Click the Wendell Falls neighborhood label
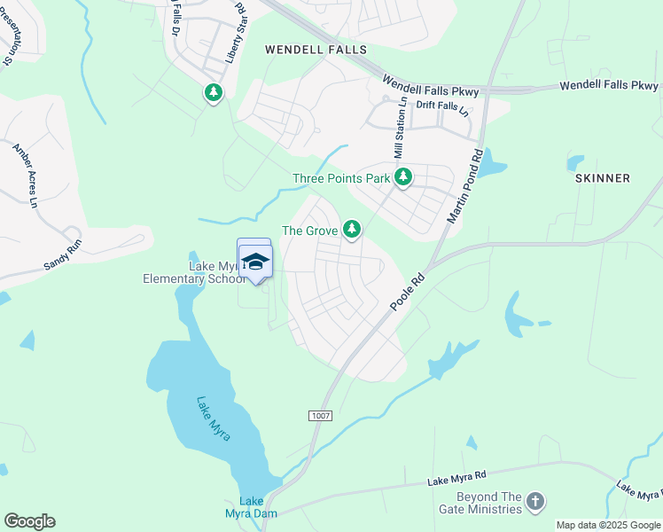click(x=316, y=51)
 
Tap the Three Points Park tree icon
click(x=403, y=177)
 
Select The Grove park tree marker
click(x=352, y=230)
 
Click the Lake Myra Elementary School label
click(x=193, y=272)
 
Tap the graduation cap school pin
click(x=255, y=261)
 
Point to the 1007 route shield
click(x=320, y=416)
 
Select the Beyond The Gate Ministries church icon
click(x=534, y=502)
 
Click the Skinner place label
click(x=603, y=178)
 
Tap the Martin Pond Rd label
click(x=464, y=185)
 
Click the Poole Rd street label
click(x=408, y=293)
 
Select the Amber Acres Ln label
click(x=26, y=175)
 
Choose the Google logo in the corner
click(x=29, y=521)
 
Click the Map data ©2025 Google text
click(x=608, y=525)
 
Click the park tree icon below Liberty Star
click(x=213, y=92)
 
